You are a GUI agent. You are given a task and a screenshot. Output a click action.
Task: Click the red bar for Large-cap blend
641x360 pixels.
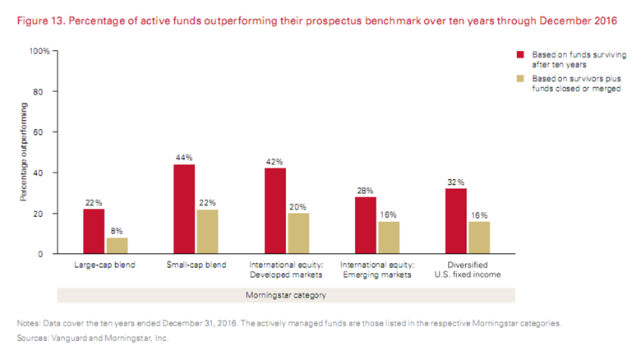pos(94,231)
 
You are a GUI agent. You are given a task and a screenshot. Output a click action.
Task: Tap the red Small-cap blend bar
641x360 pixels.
pos(184,209)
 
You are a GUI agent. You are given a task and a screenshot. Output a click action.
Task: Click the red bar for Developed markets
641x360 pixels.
pos(274,210)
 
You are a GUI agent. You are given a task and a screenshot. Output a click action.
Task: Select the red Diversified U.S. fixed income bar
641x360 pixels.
pos(456,221)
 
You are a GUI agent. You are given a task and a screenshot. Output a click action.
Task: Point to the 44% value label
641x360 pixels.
pos(184,157)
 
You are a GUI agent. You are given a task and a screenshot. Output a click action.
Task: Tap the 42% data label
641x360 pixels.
pos(274,161)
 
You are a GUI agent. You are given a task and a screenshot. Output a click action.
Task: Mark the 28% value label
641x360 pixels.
pos(365,190)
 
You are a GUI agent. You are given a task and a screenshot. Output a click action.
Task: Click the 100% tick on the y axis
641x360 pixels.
pos(39,51)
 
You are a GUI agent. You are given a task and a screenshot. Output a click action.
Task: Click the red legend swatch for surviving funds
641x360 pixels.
pos(520,53)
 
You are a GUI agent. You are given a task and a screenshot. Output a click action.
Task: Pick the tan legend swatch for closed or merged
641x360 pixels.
pos(520,79)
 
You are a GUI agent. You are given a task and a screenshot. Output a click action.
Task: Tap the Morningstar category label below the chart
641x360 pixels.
pos(286,294)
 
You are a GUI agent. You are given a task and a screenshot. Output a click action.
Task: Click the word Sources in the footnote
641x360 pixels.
pos(34,338)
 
